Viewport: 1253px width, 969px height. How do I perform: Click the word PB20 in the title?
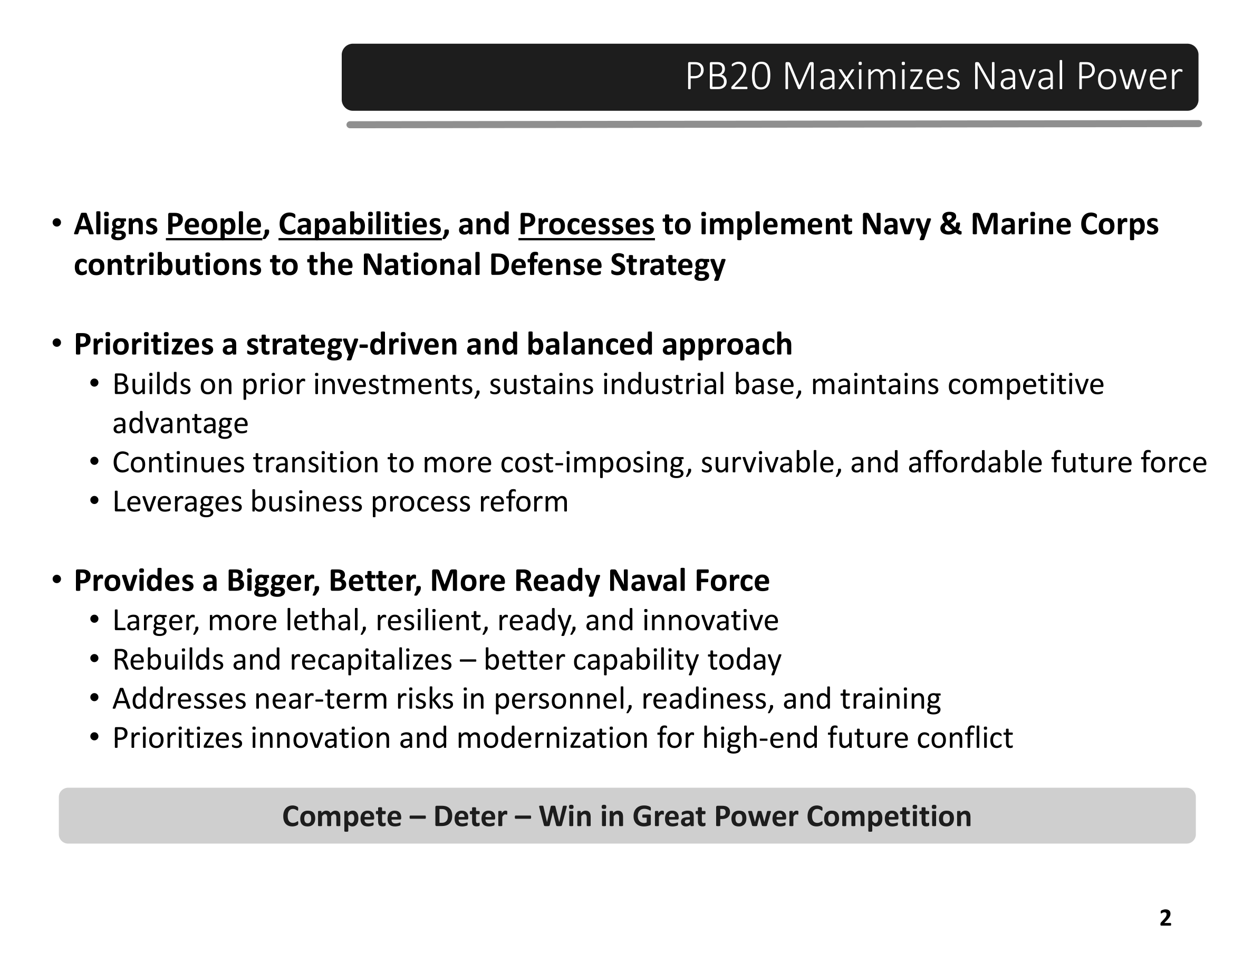click(x=728, y=77)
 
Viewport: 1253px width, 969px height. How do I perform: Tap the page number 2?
click(x=1165, y=918)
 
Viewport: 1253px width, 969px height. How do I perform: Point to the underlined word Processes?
click(x=586, y=224)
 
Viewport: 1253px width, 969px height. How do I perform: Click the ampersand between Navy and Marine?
click(x=951, y=224)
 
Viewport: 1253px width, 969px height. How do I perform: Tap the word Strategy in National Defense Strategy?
click(x=668, y=266)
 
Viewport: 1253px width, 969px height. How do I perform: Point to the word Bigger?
click(x=273, y=582)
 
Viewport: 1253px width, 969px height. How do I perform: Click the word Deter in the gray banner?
click(x=470, y=816)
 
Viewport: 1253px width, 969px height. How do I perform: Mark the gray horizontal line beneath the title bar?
click(x=774, y=124)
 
